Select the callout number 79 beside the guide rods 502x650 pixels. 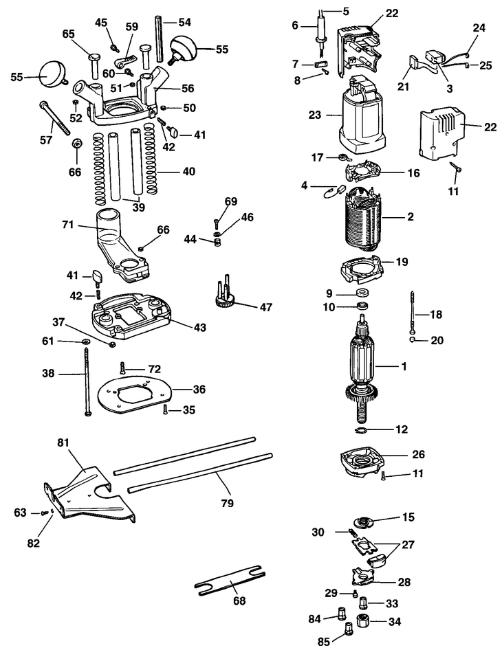[228, 503]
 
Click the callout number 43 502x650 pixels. [199, 328]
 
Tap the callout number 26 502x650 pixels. [418, 454]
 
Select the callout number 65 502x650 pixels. [69, 33]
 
